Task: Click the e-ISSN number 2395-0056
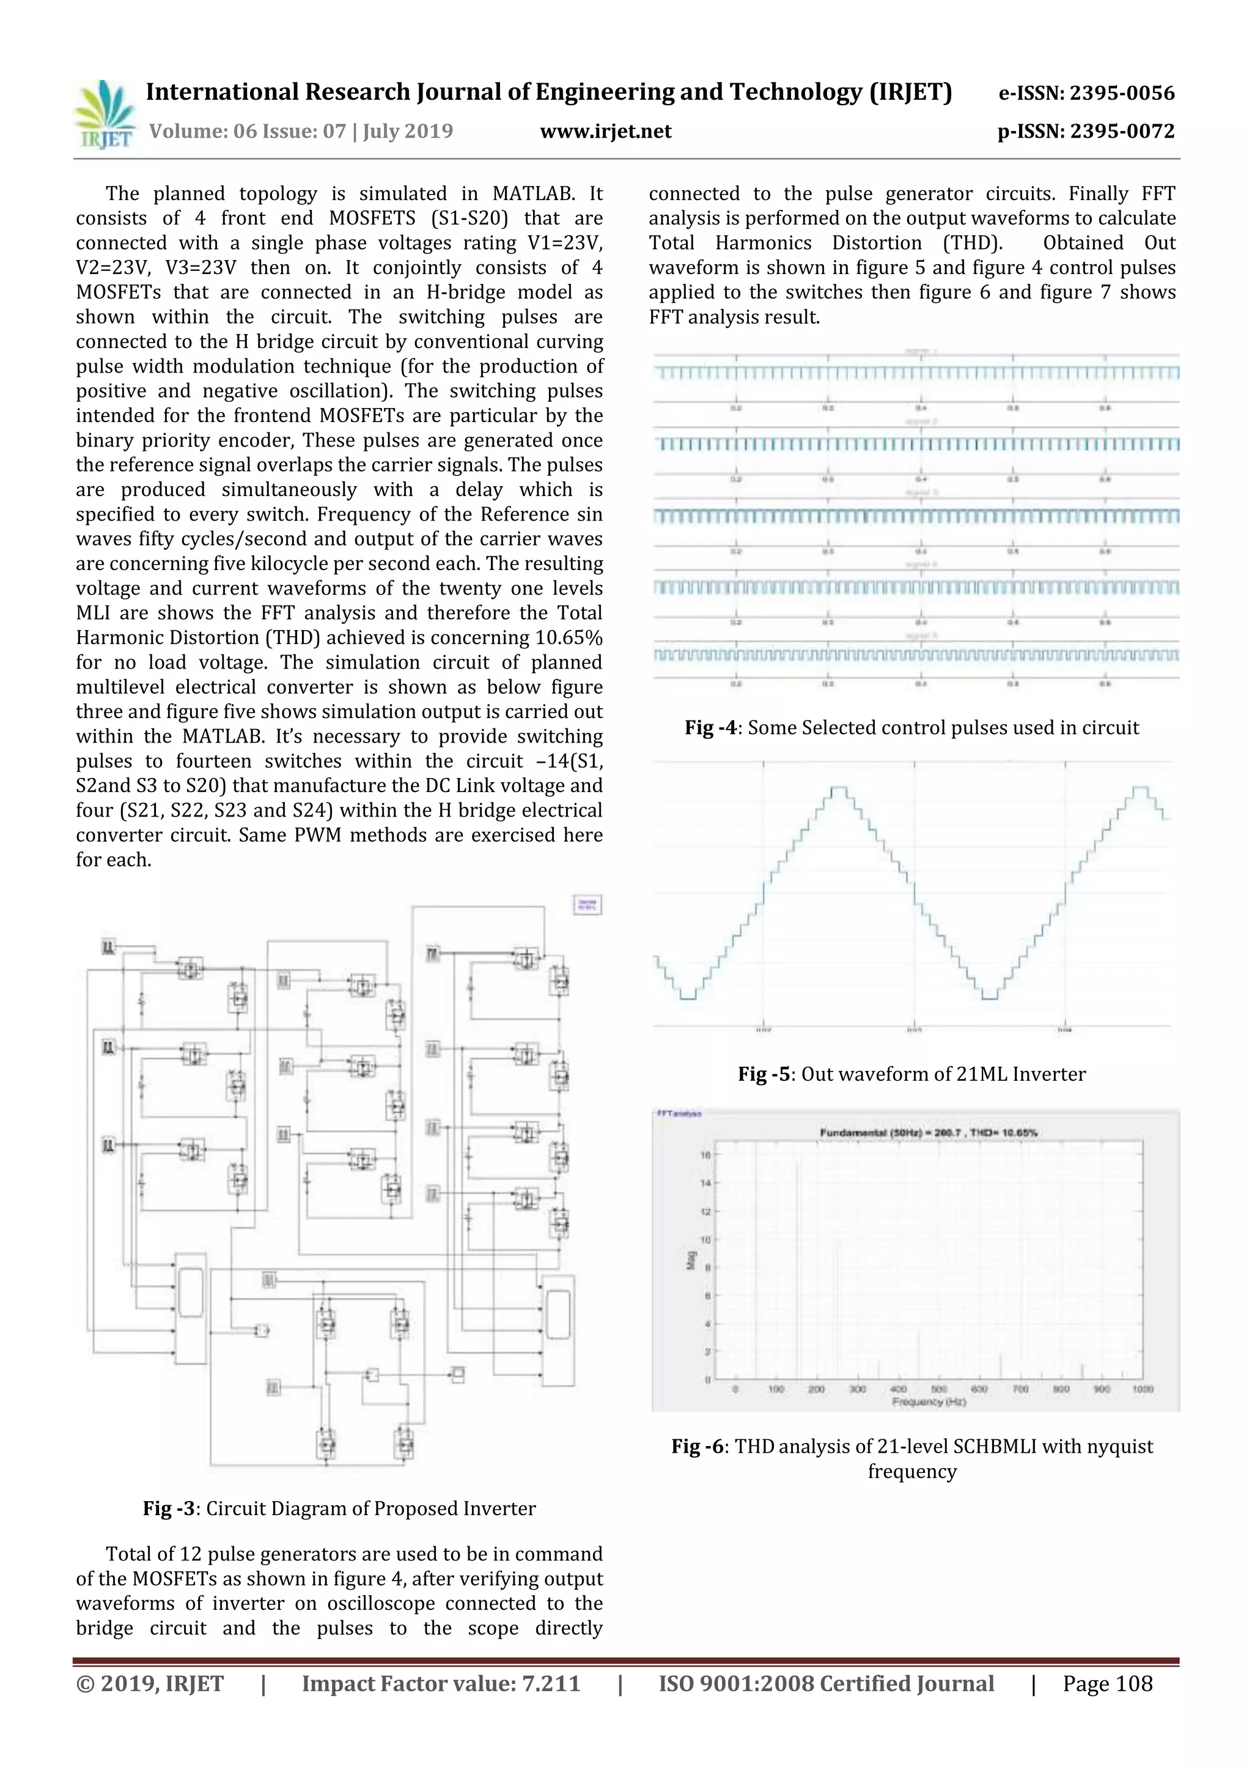(1122, 94)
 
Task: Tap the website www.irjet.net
(606, 131)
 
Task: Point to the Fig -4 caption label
(713, 728)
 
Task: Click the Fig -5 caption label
(765, 1074)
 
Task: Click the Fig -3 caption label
(171, 1509)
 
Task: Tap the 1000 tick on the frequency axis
(1143, 1389)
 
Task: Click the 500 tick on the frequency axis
(939, 1389)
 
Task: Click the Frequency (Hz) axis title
(929, 1401)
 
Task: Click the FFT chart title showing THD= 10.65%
(928, 1133)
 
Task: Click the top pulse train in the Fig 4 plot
(916, 374)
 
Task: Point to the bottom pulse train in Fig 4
(916, 656)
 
